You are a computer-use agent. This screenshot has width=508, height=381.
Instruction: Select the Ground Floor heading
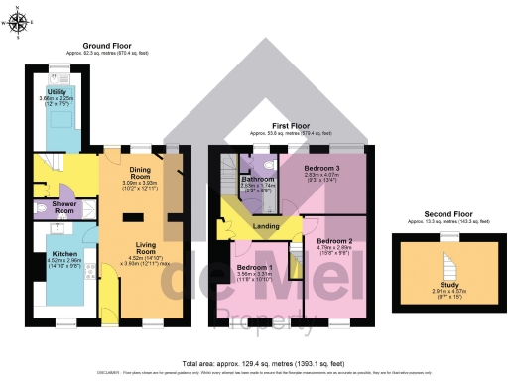click(109, 46)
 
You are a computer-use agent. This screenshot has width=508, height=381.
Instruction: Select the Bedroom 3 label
click(319, 169)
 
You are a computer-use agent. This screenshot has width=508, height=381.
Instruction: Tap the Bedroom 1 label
click(255, 269)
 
